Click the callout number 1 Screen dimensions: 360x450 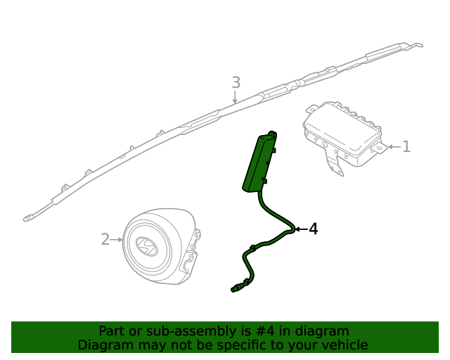[406, 147]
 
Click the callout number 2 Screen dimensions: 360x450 [105, 240]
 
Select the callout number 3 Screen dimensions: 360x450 [236, 83]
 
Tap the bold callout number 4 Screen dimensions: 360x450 [313, 229]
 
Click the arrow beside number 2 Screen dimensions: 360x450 [118, 240]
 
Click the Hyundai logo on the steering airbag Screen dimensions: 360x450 [146, 245]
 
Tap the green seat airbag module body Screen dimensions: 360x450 [258, 162]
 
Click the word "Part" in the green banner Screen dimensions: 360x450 [112, 330]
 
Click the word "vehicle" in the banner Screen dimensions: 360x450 [342, 345]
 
